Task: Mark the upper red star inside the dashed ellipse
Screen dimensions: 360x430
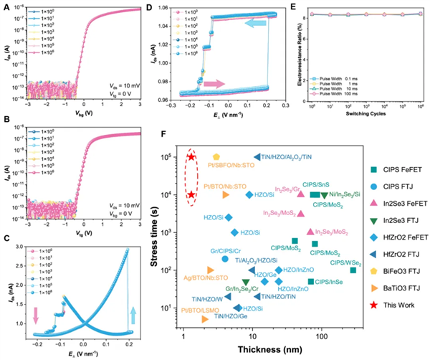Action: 191,157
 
